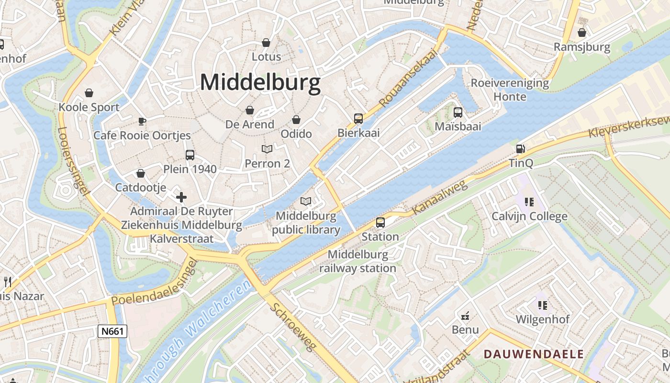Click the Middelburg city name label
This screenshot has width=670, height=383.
pyautogui.click(x=260, y=82)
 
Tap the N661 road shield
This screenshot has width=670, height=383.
pyautogui.click(x=112, y=331)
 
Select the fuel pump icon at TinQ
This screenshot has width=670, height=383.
pyautogui.click(x=521, y=149)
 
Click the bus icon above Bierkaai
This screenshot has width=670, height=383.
pyautogui.click(x=358, y=118)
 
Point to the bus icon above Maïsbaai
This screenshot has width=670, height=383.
pyautogui.click(x=458, y=113)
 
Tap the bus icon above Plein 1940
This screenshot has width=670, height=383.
pyautogui.click(x=190, y=155)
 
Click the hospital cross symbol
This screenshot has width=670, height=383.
pyautogui.click(x=181, y=197)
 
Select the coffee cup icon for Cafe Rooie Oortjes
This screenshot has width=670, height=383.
pyautogui.click(x=142, y=121)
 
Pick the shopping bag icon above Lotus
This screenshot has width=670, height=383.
pyautogui.click(x=266, y=43)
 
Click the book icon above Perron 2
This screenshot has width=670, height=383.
pyautogui.click(x=267, y=149)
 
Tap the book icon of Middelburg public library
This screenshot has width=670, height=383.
pyautogui.click(x=306, y=202)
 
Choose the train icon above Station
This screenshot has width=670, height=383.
pyautogui.click(x=380, y=222)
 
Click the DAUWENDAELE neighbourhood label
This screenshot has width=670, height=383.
pyautogui.click(x=534, y=354)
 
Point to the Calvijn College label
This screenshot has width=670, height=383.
pyautogui.click(x=529, y=216)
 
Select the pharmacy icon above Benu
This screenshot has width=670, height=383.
pyautogui.click(x=465, y=315)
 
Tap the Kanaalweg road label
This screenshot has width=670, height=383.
pyautogui.click(x=433, y=198)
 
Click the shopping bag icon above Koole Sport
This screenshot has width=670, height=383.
pyautogui.click(x=89, y=92)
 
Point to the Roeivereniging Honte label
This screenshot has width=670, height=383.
pyautogui.click(x=510, y=90)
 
